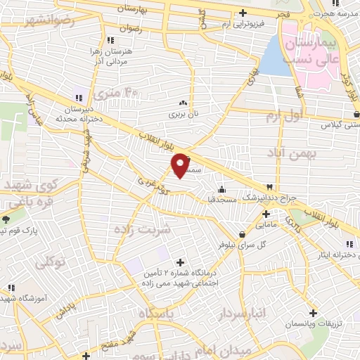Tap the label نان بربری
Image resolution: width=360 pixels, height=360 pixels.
183,112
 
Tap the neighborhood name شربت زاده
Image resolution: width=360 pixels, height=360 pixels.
142,229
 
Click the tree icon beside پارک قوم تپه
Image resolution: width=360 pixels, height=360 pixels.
6,219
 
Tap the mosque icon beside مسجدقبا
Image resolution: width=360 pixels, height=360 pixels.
221,188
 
